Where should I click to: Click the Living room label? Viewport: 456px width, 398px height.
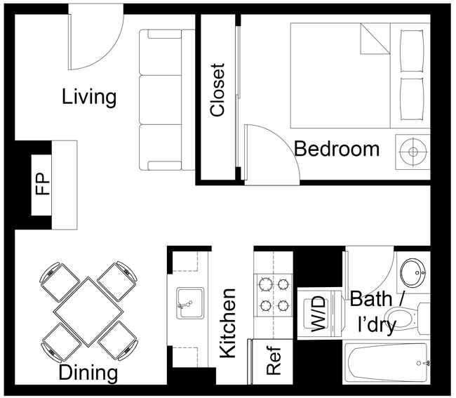pos(89,96)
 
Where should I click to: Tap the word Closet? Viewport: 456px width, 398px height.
pos(218,91)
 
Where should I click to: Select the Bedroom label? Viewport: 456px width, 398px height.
pos(337,149)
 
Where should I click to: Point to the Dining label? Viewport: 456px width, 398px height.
pos(88,372)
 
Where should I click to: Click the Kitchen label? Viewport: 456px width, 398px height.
pos(229,324)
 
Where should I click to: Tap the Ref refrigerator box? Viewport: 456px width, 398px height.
pos(274,361)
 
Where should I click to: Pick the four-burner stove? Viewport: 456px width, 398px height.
pos(274,296)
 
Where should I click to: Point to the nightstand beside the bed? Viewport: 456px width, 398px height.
pos(413,150)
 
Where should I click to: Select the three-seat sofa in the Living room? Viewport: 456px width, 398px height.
pos(166,100)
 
